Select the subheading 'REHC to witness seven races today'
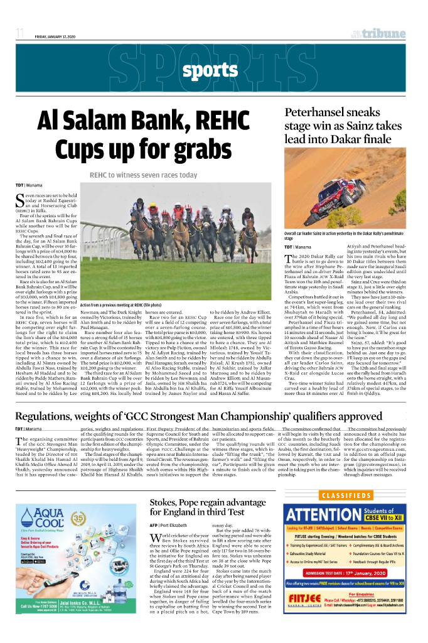point(143,175)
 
